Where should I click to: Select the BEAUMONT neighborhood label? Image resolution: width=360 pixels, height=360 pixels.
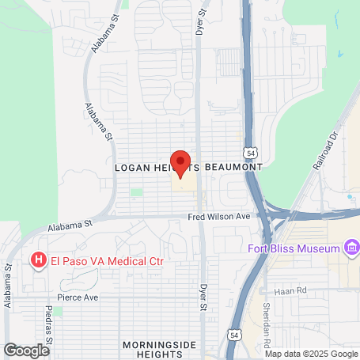coord(233,169)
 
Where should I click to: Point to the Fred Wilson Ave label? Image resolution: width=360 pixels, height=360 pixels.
coord(218,217)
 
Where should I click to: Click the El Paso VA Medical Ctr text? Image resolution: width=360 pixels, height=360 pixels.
coord(100,260)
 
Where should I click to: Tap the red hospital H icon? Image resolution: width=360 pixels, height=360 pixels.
coord(37,260)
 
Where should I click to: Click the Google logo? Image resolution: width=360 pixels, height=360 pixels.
coord(26,350)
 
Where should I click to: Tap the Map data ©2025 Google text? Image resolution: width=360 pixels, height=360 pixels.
coord(311,354)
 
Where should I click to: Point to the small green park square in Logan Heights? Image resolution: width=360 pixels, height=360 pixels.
coord(137,192)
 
